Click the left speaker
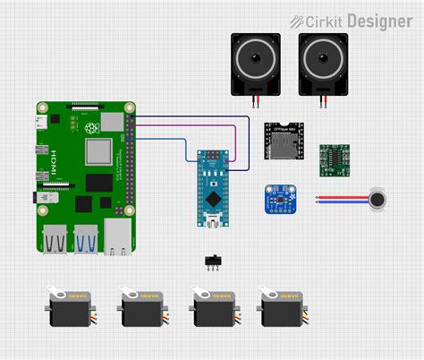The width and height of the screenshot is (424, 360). click(256, 64)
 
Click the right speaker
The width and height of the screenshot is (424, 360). click(324, 64)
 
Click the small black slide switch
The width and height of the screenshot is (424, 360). click(213, 261)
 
